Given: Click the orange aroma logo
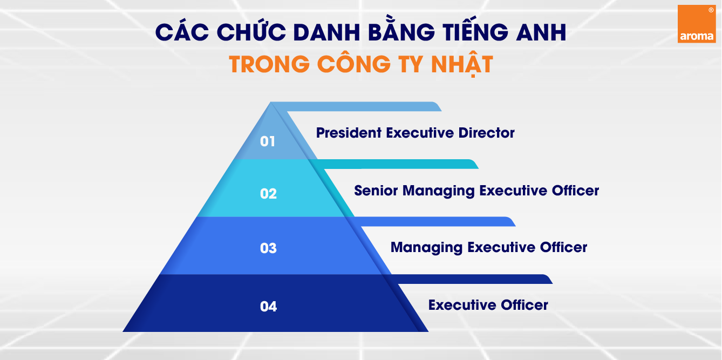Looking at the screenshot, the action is [697, 24].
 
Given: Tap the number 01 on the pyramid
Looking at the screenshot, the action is [268, 141].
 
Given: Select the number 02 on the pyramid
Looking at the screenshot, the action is [268, 194].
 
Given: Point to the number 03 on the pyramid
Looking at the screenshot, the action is [268, 248].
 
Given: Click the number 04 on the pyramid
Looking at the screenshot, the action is [268, 306].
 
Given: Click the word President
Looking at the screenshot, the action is [349, 133].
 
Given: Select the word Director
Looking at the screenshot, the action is [486, 133].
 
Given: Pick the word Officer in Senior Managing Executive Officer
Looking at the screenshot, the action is [575, 191].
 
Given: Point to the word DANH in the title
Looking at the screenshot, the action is [327, 32].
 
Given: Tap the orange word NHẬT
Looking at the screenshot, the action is [462, 64].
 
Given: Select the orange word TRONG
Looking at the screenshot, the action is [269, 64].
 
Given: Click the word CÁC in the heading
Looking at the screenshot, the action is [182, 31].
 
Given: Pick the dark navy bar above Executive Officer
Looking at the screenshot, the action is [467, 279].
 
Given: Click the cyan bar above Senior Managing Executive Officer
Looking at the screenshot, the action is [393, 164].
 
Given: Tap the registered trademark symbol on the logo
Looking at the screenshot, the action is [711, 10].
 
